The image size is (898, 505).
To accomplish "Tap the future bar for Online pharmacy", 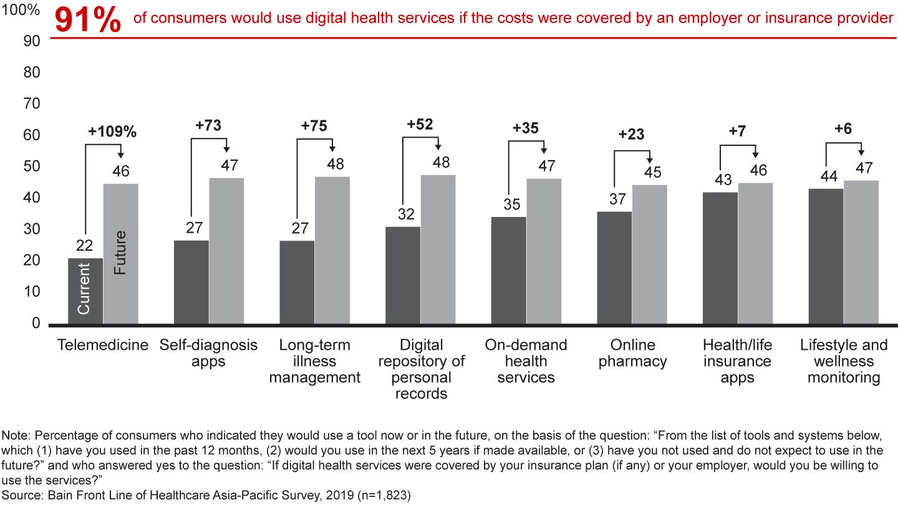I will [649, 254].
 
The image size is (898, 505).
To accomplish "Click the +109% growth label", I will [112, 132].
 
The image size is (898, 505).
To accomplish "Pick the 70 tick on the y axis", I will [31, 103].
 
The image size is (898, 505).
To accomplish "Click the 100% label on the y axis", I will [24, 11].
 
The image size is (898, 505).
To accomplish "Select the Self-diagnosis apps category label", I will [208, 353].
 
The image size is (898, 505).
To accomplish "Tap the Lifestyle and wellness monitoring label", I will [844, 362].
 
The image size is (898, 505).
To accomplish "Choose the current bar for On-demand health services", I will [508, 271].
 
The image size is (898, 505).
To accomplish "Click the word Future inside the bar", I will [120, 252].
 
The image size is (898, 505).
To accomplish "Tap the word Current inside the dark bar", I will [84, 289].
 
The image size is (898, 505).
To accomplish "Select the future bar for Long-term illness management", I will [332, 251].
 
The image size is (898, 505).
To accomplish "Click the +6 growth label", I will [843, 129].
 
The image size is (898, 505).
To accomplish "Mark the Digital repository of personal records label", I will [422, 370].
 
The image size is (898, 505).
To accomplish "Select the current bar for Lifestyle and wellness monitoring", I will [826, 256].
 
